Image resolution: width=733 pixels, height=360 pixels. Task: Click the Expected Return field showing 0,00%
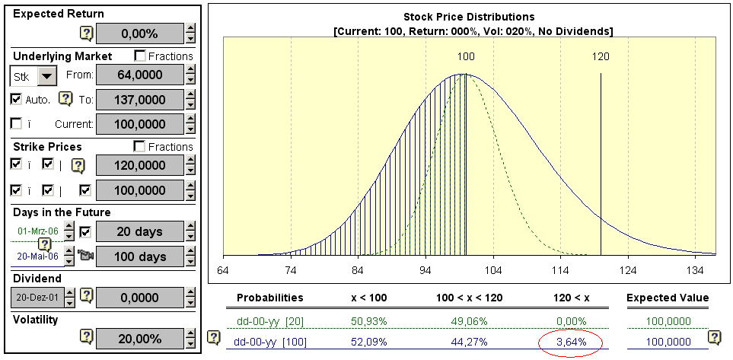[x=140, y=33]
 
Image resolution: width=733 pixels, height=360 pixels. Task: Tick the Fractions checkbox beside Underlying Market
[x=140, y=56]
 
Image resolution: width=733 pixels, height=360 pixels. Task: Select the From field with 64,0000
[x=140, y=75]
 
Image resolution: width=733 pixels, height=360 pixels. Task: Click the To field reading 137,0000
[x=140, y=99]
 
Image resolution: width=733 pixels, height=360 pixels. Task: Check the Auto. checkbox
[x=16, y=99]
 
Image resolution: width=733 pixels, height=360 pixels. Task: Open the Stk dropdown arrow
[x=47, y=76]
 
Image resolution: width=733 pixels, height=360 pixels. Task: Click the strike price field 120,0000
[x=140, y=165]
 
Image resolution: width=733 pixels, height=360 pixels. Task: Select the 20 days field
[x=140, y=231]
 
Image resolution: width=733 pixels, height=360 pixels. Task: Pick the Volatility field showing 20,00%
[x=140, y=339]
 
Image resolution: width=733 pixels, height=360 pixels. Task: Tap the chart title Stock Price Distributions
[x=469, y=17]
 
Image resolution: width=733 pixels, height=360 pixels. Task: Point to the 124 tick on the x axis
[x=628, y=269]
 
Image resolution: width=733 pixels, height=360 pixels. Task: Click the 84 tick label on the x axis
[x=358, y=269]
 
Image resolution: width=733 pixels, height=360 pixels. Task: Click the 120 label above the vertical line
[x=601, y=56]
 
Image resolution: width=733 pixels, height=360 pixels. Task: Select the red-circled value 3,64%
[x=571, y=342]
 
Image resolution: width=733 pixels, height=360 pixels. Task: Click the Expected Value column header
[x=668, y=298]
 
